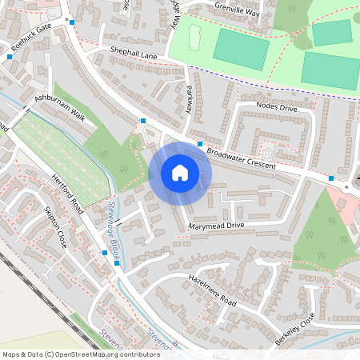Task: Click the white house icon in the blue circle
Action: [x=180, y=173]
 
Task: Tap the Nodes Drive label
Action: [x=276, y=106]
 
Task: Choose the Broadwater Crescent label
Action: [x=241, y=158]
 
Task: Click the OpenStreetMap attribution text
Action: [x=81, y=354]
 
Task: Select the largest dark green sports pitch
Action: [x=330, y=69]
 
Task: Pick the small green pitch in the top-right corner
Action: [x=331, y=33]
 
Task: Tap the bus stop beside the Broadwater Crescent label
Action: [x=200, y=143]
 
